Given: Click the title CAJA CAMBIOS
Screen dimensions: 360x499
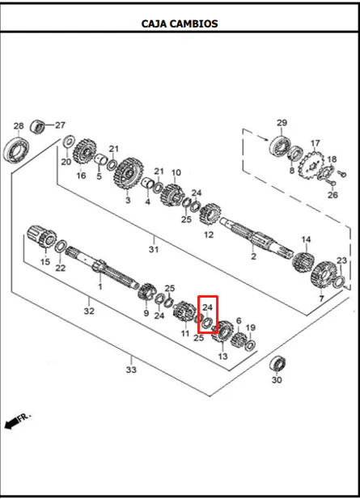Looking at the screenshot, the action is click(x=180, y=23).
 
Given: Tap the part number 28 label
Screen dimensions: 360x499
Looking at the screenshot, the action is click(x=19, y=125).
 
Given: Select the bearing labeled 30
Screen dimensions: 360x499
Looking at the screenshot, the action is click(x=277, y=363).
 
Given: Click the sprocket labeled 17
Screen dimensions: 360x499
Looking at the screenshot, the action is click(x=311, y=166).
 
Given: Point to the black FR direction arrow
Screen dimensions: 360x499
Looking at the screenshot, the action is click(x=12, y=423).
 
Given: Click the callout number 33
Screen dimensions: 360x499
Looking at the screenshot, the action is click(x=131, y=370).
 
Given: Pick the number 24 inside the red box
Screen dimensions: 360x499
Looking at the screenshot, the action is click(x=207, y=307).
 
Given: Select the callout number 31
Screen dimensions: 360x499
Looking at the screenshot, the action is click(x=154, y=249).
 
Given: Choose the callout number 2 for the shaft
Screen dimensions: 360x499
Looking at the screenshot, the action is click(x=253, y=256).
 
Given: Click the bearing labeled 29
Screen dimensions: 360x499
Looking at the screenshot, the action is click(x=281, y=146).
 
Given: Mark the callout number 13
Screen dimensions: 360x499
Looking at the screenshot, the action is click(x=222, y=356).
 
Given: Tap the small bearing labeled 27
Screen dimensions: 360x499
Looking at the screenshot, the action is click(x=37, y=126).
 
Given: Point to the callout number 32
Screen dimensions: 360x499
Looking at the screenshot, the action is click(x=89, y=311).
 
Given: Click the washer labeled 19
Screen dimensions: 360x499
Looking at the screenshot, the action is click(x=251, y=345).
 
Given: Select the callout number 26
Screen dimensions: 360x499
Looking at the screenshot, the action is click(x=332, y=194).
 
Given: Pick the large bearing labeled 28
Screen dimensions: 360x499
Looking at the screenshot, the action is click(x=16, y=150).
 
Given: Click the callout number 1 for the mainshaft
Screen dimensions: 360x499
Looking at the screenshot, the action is click(x=100, y=286).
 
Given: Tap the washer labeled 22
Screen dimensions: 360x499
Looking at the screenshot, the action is click(x=61, y=247).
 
